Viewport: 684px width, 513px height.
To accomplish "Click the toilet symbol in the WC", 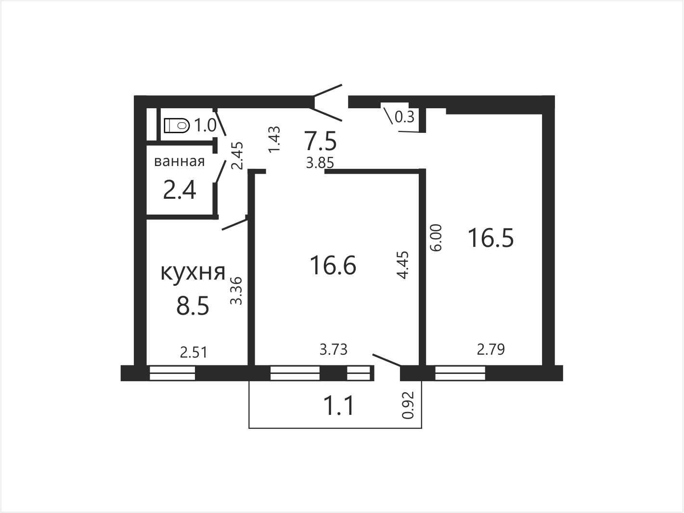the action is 177,126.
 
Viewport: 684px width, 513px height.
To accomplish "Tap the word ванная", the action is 179,162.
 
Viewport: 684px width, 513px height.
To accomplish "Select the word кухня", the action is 193,272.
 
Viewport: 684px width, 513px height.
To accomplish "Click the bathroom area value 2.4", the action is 180,190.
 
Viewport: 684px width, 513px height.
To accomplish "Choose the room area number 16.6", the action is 333,265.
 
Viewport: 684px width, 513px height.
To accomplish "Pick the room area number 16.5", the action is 491,238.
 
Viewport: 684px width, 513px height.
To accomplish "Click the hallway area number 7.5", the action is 321,141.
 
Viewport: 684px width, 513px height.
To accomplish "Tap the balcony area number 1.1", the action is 339,406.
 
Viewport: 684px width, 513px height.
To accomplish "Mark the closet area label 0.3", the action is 404,117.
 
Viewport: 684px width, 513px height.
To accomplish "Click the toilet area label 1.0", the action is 205,126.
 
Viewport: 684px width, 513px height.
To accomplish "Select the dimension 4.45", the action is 402,265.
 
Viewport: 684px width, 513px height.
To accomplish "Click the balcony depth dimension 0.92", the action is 408,405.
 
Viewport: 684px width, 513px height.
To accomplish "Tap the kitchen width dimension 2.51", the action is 194,353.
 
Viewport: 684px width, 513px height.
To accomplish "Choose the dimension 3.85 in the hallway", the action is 320,163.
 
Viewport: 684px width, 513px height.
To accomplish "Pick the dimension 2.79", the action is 491,349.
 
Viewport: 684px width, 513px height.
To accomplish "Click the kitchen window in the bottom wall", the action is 172,373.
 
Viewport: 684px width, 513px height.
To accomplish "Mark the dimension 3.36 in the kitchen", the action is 236,291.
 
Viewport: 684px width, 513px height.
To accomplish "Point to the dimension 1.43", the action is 275,139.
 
